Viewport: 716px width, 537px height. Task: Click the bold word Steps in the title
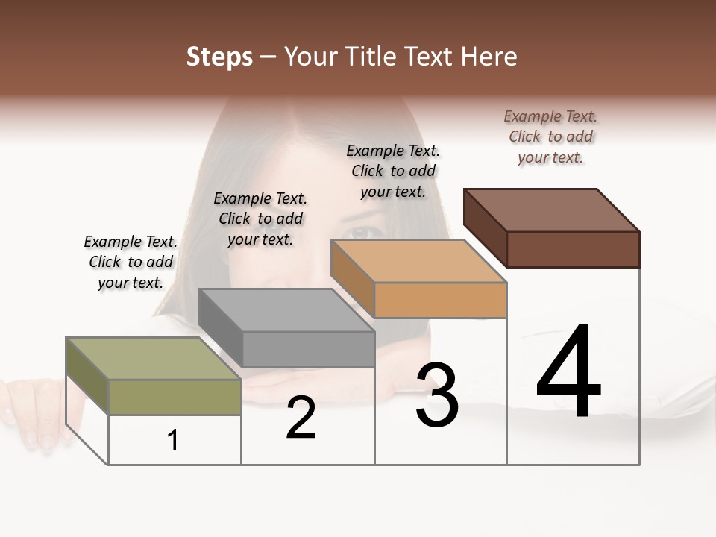[219, 57]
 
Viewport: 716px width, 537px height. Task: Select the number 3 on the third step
[436, 395]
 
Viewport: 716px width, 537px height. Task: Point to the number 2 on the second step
[301, 418]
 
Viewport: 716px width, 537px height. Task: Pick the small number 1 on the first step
[173, 441]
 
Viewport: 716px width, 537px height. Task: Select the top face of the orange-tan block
[418, 261]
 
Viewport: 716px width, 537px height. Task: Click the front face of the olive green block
[175, 397]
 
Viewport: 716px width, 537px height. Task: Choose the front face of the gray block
[308, 349]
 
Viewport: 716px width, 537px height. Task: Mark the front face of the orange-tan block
[440, 300]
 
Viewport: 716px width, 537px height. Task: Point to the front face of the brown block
[573, 249]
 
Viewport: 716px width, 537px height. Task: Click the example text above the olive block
[131, 262]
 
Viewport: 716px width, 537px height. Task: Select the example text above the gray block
[260, 219]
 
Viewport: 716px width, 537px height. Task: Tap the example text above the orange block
[393, 171]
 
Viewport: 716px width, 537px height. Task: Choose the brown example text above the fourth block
[550, 136]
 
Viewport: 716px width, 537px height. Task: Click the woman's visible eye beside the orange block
[361, 231]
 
